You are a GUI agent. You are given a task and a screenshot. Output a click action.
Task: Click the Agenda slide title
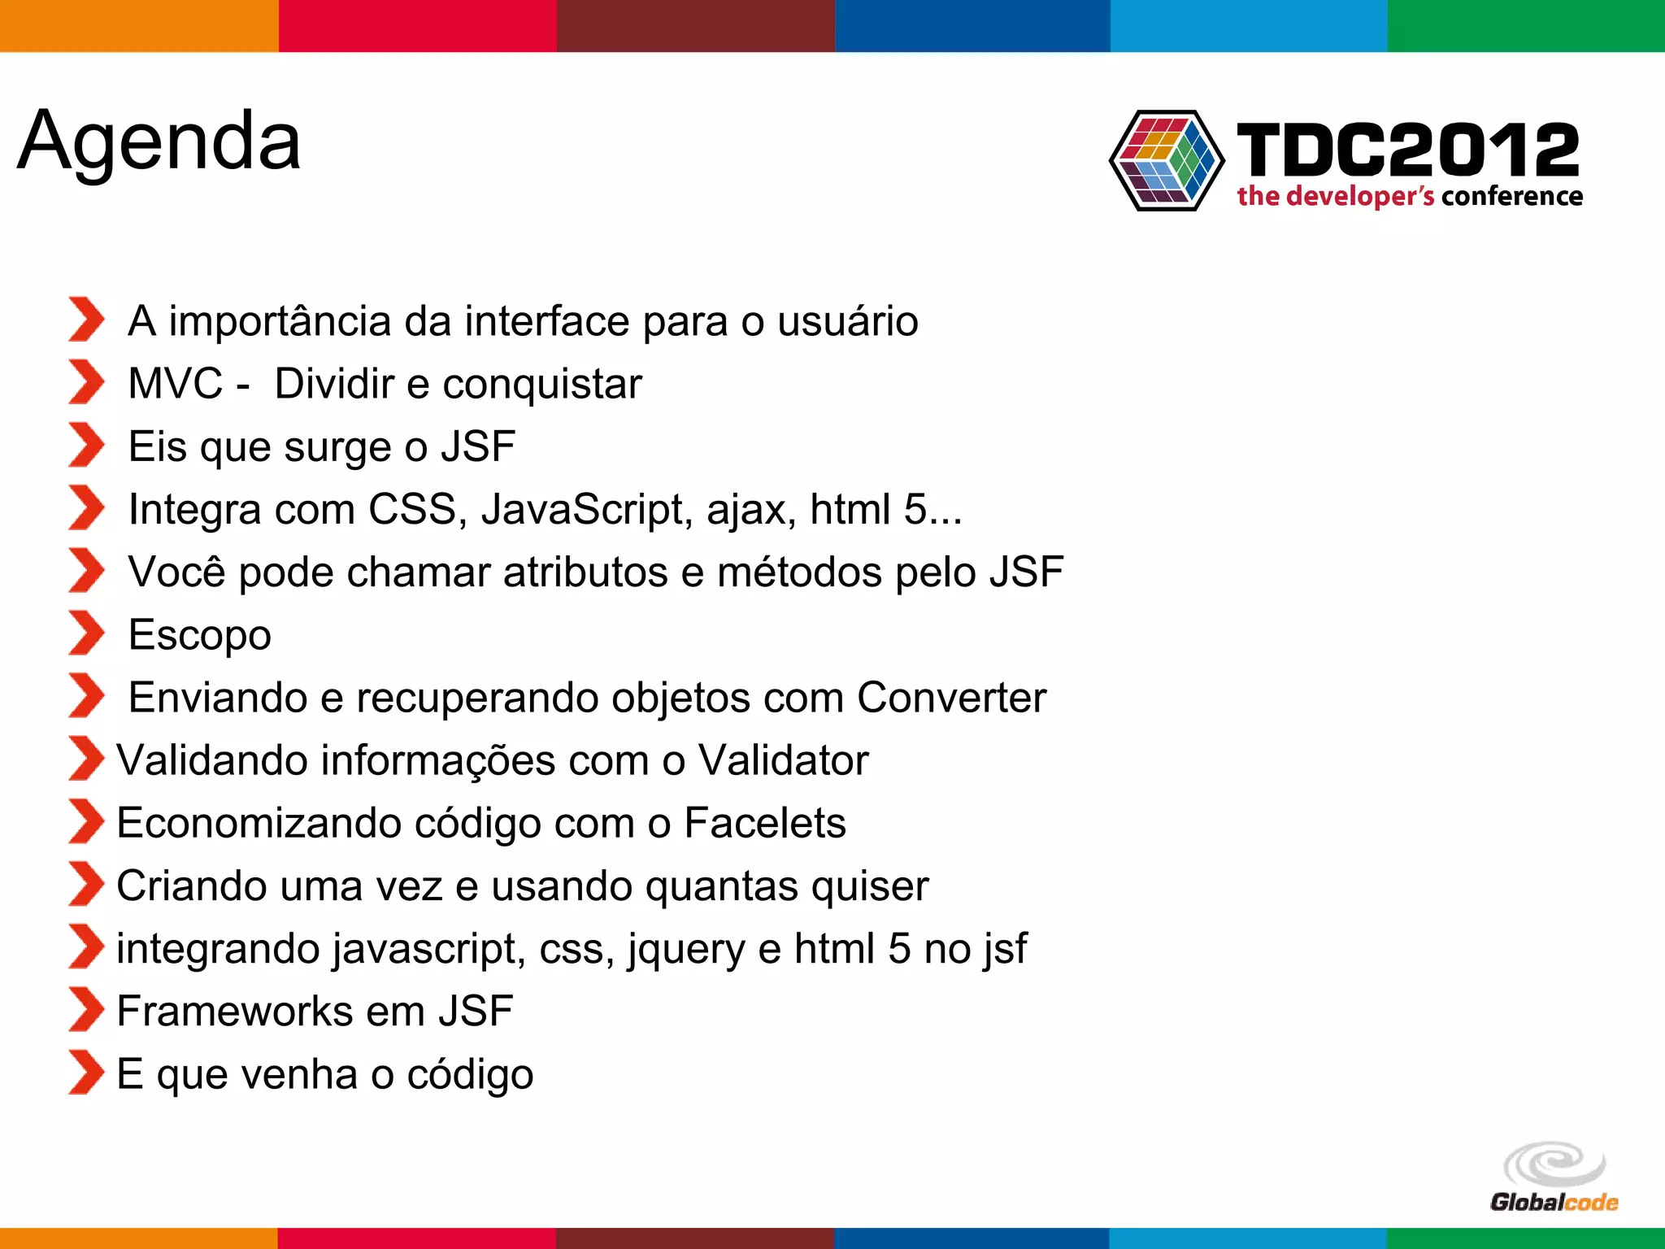tap(159, 142)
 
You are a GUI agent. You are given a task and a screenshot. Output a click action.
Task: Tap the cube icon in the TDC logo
tap(1167, 160)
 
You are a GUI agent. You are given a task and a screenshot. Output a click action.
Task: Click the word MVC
tap(175, 384)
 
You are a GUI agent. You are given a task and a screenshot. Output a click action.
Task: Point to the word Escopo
tap(200, 635)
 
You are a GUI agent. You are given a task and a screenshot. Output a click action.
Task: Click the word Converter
tap(951, 698)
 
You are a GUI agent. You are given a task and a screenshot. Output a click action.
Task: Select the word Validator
tap(784, 760)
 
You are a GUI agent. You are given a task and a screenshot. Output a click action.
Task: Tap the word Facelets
tap(764, 823)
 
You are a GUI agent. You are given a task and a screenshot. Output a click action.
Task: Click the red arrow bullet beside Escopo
tap(86, 633)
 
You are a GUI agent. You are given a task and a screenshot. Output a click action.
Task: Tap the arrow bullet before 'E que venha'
tap(86, 1073)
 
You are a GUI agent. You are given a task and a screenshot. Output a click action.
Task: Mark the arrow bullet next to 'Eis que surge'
tap(86, 445)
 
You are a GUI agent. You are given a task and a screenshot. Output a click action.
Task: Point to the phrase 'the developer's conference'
tap(1410, 197)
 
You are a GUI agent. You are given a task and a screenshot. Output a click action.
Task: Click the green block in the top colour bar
tap(1526, 26)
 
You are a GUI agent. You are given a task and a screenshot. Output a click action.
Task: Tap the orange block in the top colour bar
tap(139, 26)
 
